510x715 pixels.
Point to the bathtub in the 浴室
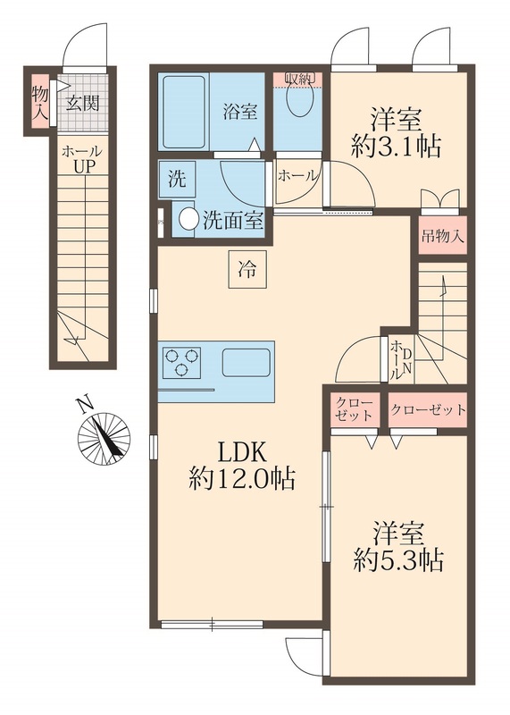pos(183,112)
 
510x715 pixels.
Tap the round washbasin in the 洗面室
pos(188,218)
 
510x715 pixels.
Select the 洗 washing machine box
pos(177,178)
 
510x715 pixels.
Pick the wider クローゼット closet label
pos(428,410)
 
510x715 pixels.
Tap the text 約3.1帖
pos(396,147)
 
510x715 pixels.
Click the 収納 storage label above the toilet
pos(299,79)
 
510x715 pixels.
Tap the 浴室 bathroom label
pos(239,113)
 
